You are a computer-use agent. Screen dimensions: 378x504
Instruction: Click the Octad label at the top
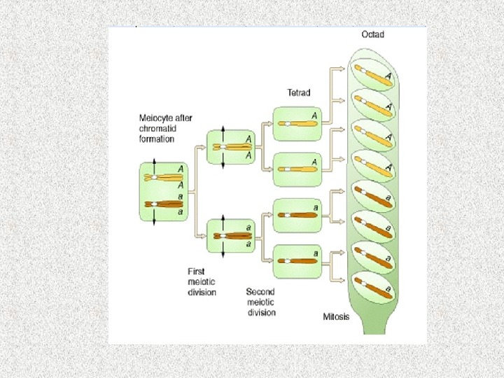point(372,34)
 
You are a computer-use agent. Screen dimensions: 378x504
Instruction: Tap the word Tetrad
point(299,92)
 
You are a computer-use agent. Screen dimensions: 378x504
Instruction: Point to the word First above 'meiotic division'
point(196,271)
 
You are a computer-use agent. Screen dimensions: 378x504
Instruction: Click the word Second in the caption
point(260,291)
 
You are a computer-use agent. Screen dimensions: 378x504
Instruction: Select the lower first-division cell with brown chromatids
point(229,236)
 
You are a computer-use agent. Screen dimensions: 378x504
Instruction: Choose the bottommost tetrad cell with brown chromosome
point(297,260)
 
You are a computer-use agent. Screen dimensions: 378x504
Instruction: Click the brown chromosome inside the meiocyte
point(161,204)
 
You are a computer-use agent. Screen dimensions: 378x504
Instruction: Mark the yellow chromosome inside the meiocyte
point(161,178)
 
